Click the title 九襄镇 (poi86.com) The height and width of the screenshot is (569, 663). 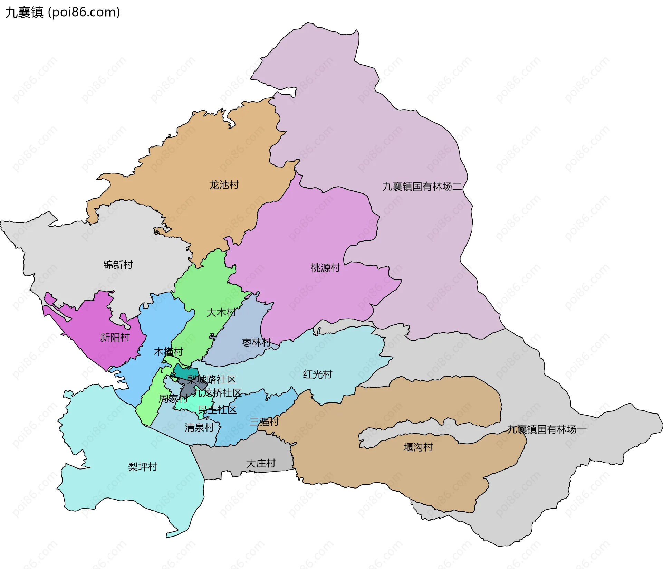click(63, 12)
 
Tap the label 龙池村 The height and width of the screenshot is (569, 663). click(224, 185)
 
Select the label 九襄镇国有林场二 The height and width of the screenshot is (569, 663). click(422, 187)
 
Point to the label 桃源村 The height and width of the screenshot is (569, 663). click(325, 268)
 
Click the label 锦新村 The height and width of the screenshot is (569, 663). click(118, 265)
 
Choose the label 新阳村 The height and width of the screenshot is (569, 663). click(115, 337)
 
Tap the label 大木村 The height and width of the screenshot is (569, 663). click(221, 313)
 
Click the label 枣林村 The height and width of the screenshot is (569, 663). click(257, 342)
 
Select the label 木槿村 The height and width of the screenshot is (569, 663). click(168, 352)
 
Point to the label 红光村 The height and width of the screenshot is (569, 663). click(317, 374)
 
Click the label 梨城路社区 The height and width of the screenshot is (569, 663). click(211, 380)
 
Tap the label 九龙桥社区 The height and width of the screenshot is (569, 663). click(217, 393)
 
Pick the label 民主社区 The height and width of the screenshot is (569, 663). click(217, 410)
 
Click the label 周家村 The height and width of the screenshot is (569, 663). click(173, 399)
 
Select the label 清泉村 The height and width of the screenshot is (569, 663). click(199, 427)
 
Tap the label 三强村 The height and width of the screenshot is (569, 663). click(264, 421)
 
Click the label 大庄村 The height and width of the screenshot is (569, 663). click(261, 463)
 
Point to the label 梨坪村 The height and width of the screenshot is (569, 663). click(143, 467)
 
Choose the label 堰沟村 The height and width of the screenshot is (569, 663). click(418, 447)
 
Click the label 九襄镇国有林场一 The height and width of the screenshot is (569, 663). click(547, 429)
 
